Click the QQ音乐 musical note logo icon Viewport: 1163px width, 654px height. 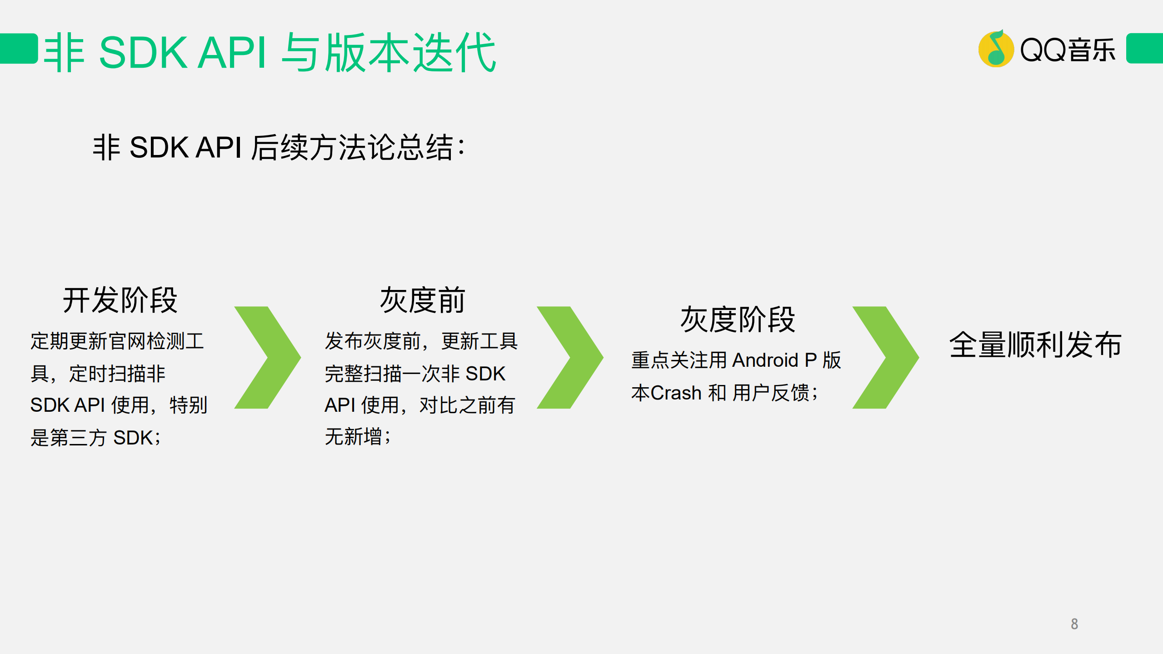point(995,49)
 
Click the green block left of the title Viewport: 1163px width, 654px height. point(18,48)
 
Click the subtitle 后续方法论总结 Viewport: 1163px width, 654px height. point(357,148)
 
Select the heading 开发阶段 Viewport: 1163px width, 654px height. point(120,300)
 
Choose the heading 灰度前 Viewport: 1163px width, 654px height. point(422,300)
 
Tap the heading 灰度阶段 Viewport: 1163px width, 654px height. point(737,320)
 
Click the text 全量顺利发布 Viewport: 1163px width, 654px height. point(1035,344)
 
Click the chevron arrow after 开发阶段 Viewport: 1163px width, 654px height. point(267,357)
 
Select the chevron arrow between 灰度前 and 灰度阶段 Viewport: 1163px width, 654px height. point(570,357)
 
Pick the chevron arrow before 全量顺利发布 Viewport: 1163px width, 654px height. point(885,357)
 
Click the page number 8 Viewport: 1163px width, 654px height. point(1074,624)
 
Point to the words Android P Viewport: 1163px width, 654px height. point(774,360)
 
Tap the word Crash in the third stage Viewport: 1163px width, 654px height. point(676,393)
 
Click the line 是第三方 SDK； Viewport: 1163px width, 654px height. point(95,438)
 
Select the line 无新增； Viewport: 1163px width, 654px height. point(357,437)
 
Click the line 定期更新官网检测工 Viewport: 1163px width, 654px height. point(117,341)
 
